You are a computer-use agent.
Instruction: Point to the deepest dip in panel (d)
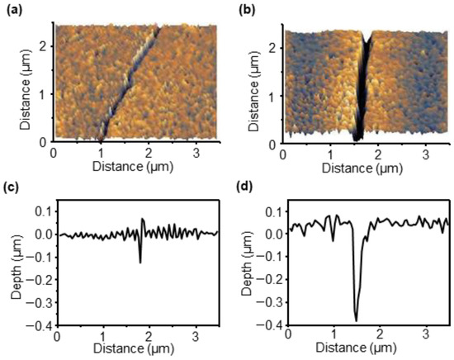[357, 320]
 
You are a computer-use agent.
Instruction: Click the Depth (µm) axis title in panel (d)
[250, 268]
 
